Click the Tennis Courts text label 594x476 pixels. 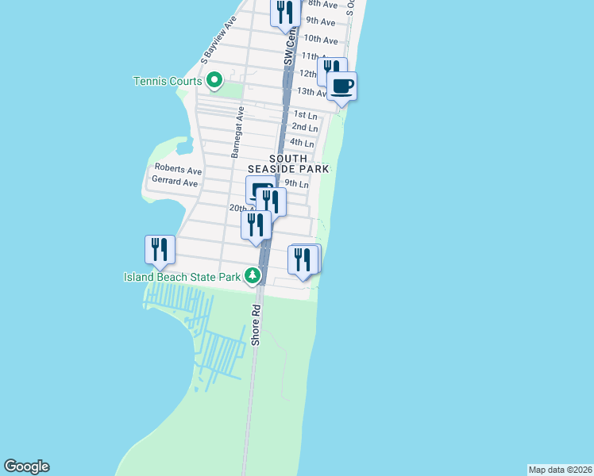tap(168, 81)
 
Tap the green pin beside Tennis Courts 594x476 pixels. tap(214, 80)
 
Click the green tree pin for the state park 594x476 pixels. tap(253, 276)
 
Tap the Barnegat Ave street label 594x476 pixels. tap(237, 132)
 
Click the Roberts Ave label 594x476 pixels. tap(178, 169)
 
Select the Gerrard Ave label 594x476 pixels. tap(175, 182)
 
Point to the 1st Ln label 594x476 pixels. tap(306, 115)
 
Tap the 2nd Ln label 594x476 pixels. tap(304, 128)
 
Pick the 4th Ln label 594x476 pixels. tap(302, 143)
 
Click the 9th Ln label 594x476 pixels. tap(296, 183)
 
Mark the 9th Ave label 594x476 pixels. tap(321, 21)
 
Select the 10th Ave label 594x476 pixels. tap(322, 39)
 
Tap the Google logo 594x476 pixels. tap(26, 466)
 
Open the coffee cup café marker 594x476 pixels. tap(342, 86)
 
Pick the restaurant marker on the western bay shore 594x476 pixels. tap(160, 250)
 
